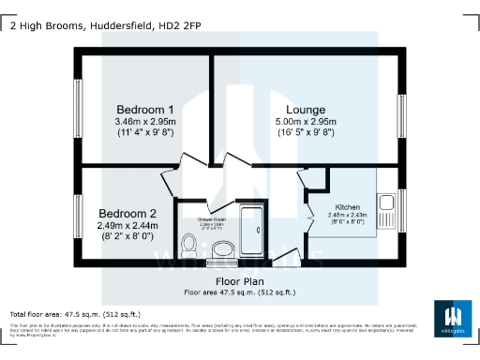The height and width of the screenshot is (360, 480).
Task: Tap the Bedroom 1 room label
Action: (138, 110)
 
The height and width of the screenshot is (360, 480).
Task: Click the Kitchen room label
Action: (347, 207)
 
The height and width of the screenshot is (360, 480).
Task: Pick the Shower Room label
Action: (211, 218)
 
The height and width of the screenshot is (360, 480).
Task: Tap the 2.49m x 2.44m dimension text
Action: (127, 225)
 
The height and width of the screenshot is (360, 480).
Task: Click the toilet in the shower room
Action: (187, 247)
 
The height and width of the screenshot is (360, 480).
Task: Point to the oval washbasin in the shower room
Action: (223, 248)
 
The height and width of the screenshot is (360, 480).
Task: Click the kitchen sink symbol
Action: (384, 200)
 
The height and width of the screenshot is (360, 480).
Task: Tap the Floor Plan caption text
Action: (239, 281)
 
